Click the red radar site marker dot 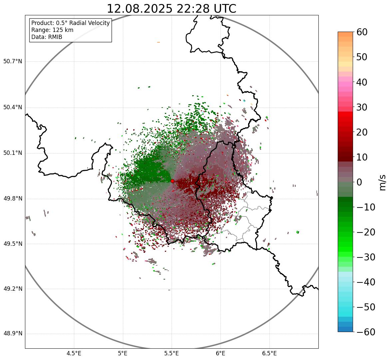click(x=172, y=181)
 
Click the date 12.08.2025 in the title click(x=140, y=9)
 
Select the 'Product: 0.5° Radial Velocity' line click(x=70, y=23)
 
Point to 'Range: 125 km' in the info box click(x=52, y=30)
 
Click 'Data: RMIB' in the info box click(x=47, y=37)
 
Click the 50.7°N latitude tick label click(x=13, y=61)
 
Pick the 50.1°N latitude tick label click(x=13, y=153)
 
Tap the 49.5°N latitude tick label click(x=13, y=244)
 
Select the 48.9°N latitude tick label click(x=13, y=334)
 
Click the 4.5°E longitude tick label click(x=74, y=353)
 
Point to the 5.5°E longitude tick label click(x=172, y=353)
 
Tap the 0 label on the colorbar click(x=359, y=182)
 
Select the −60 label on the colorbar click(x=366, y=332)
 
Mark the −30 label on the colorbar click(x=366, y=257)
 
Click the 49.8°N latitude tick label click(x=13, y=199)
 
